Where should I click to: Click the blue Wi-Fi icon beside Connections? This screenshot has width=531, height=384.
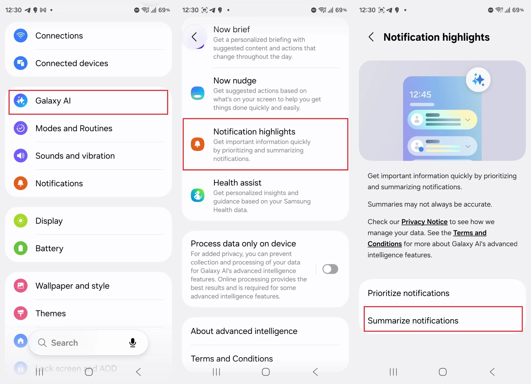pyautogui.click(x=21, y=36)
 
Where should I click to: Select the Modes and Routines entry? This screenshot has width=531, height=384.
pyautogui.click(x=74, y=128)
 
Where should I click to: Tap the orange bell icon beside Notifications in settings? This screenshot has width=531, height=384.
pyautogui.click(x=21, y=183)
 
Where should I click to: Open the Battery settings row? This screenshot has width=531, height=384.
pyautogui.click(x=49, y=248)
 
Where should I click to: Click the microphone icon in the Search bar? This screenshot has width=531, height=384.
pyautogui.click(x=133, y=343)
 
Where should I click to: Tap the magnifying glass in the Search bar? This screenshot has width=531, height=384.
pyautogui.click(x=42, y=343)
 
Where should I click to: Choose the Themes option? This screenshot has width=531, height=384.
pyautogui.click(x=51, y=313)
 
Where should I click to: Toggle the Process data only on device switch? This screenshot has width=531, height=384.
pyautogui.click(x=330, y=269)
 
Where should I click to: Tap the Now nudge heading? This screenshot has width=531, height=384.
pyautogui.click(x=235, y=81)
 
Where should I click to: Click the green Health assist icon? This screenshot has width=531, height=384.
pyautogui.click(x=197, y=195)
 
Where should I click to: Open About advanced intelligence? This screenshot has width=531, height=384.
pyautogui.click(x=244, y=331)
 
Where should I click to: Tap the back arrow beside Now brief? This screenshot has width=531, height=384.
pyautogui.click(x=194, y=37)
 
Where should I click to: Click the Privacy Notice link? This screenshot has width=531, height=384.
pyautogui.click(x=424, y=222)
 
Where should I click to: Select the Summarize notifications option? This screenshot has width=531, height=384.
pyautogui.click(x=413, y=321)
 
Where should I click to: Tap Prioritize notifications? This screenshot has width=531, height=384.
pyautogui.click(x=408, y=293)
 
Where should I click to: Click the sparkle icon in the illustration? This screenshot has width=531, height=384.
pyautogui.click(x=478, y=80)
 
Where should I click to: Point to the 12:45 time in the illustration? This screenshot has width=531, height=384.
pyautogui.click(x=420, y=95)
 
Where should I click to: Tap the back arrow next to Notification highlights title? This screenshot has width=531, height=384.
pyautogui.click(x=371, y=37)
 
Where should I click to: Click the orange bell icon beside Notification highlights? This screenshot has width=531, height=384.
pyautogui.click(x=197, y=144)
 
